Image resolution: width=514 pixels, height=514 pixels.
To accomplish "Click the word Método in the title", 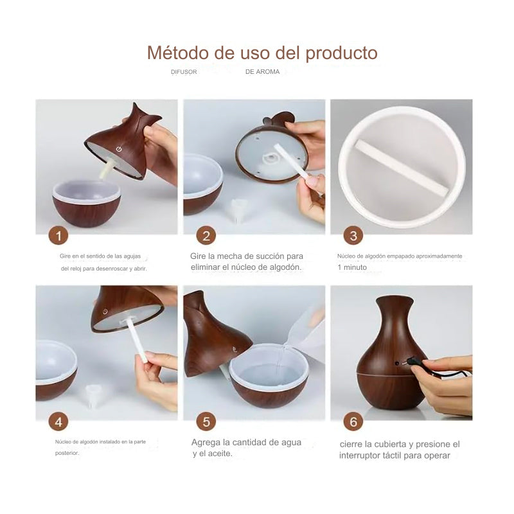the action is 178,53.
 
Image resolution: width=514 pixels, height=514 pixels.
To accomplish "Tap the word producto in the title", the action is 341,53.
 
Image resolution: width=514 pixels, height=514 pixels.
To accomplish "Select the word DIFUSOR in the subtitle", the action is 184,72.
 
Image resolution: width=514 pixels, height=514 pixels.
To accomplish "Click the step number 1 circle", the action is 58,236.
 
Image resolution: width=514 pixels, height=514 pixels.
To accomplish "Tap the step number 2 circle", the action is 206,236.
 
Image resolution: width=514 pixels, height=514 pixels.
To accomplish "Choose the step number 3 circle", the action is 353,236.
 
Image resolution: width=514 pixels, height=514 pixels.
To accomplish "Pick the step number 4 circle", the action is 58,421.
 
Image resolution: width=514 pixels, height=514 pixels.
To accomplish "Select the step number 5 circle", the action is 206,421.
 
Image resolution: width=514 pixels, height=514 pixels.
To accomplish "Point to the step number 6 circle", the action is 353,421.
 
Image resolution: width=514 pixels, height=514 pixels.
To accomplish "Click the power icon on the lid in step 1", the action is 119,149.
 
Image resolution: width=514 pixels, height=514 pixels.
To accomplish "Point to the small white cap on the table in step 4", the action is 93,395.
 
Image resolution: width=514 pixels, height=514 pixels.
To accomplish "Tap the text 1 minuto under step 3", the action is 352,267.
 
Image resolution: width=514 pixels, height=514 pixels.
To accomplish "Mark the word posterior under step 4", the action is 67,454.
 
